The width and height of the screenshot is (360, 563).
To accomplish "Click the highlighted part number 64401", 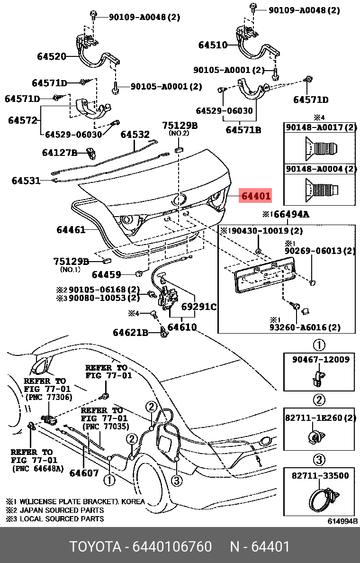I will [256, 196].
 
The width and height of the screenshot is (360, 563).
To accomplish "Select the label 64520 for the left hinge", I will [52, 57].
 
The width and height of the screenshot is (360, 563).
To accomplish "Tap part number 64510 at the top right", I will [213, 45].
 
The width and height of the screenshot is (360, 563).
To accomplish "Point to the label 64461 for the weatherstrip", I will [71, 230].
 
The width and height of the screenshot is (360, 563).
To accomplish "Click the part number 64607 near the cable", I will [84, 472].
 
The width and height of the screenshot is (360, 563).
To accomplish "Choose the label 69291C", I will [199, 307].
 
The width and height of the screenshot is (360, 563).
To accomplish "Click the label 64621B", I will [130, 333].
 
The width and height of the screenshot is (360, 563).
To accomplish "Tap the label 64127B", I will [59, 153].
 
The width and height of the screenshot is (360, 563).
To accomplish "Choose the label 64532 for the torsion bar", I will [135, 135].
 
